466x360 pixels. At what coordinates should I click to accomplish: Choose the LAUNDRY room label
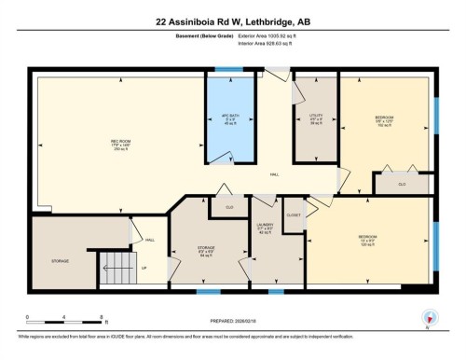(266, 228)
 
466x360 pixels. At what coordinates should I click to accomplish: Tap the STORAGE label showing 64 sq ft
(206, 250)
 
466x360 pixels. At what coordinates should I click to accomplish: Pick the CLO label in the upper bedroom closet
(402, 185)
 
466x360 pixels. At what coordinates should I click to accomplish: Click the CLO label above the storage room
(229, 206)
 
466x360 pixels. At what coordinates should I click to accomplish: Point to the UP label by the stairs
(144, 269)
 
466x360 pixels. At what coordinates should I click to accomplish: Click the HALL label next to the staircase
(150, 240)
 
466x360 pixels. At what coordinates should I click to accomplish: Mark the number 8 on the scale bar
(103, 317)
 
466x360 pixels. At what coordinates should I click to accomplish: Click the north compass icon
(429, 317)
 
